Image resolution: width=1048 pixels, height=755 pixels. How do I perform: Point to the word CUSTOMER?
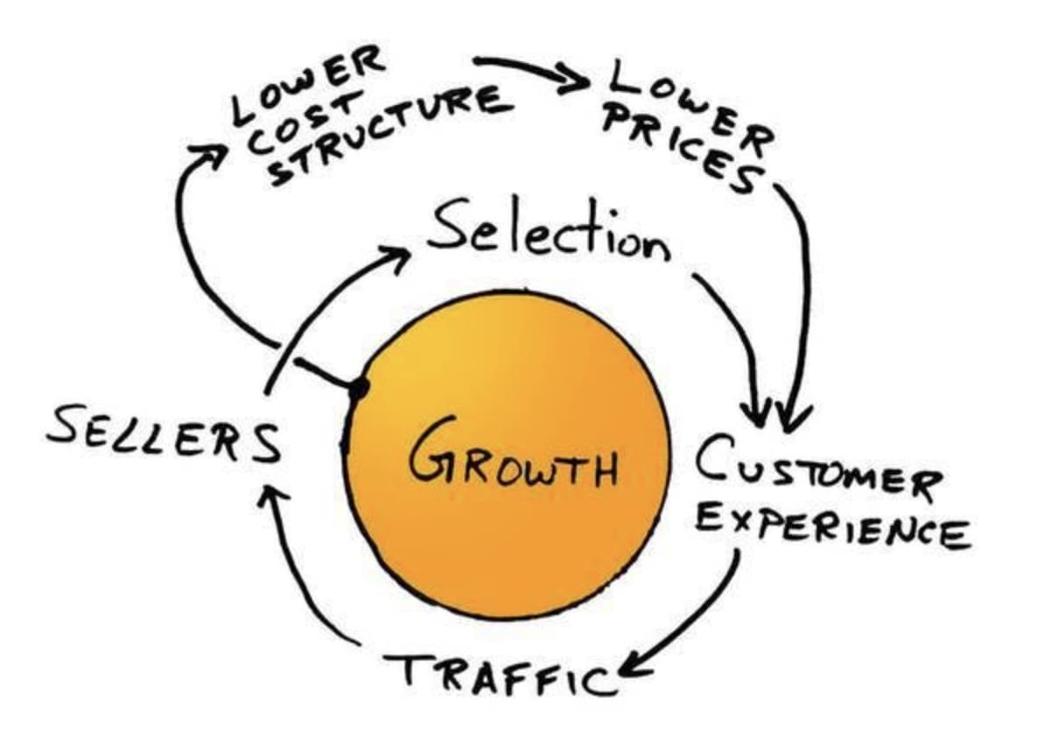pos(819,469)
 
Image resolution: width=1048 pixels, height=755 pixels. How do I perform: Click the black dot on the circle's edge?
pos(358,389)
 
